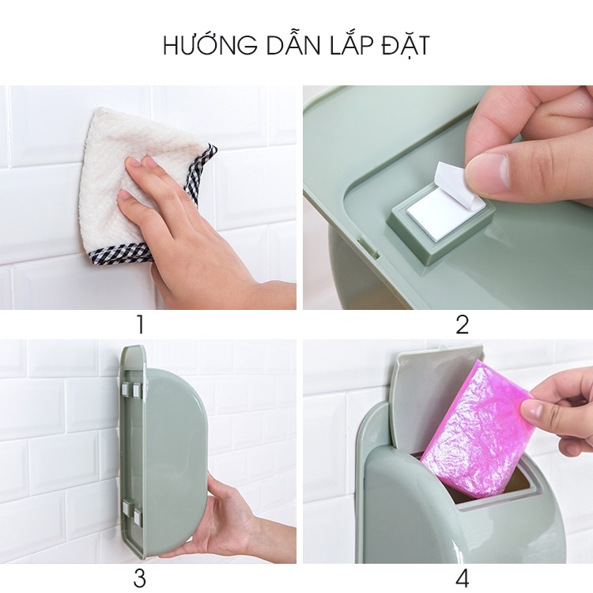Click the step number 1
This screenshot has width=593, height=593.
pos(140,325)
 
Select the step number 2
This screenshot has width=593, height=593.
pos(463,325)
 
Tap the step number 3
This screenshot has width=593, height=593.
pos(140,578)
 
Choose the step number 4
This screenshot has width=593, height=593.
pos(463,578)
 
